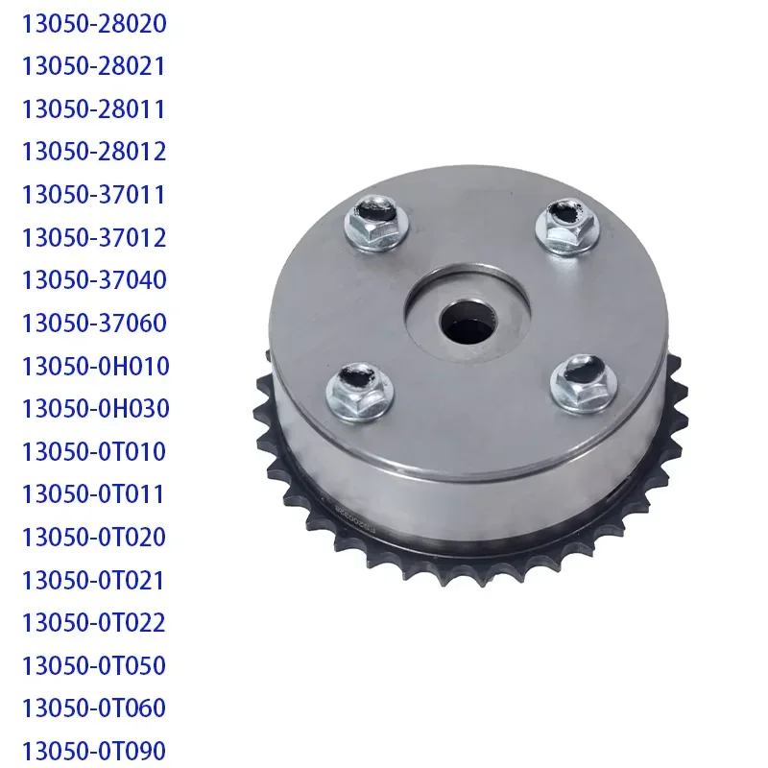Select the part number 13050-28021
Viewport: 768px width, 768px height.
click(94, 66)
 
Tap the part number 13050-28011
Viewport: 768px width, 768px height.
click(94, 109)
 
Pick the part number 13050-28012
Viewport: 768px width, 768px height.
click(94, 152)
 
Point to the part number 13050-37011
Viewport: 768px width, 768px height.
click(94, 195)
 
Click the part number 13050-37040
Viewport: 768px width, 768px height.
click(94, 280)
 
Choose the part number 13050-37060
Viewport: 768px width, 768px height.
click(94, 324)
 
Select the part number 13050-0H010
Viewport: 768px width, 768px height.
click(95, 366)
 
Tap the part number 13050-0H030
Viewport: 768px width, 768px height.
click(95, 409)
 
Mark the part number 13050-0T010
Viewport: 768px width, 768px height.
click(94, 451)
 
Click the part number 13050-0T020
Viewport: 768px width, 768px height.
click(94, 537)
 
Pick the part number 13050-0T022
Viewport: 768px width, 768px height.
click(94, 623)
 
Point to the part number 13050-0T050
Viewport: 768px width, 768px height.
click(94, 665)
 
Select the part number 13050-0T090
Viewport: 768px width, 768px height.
click(94, 751)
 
